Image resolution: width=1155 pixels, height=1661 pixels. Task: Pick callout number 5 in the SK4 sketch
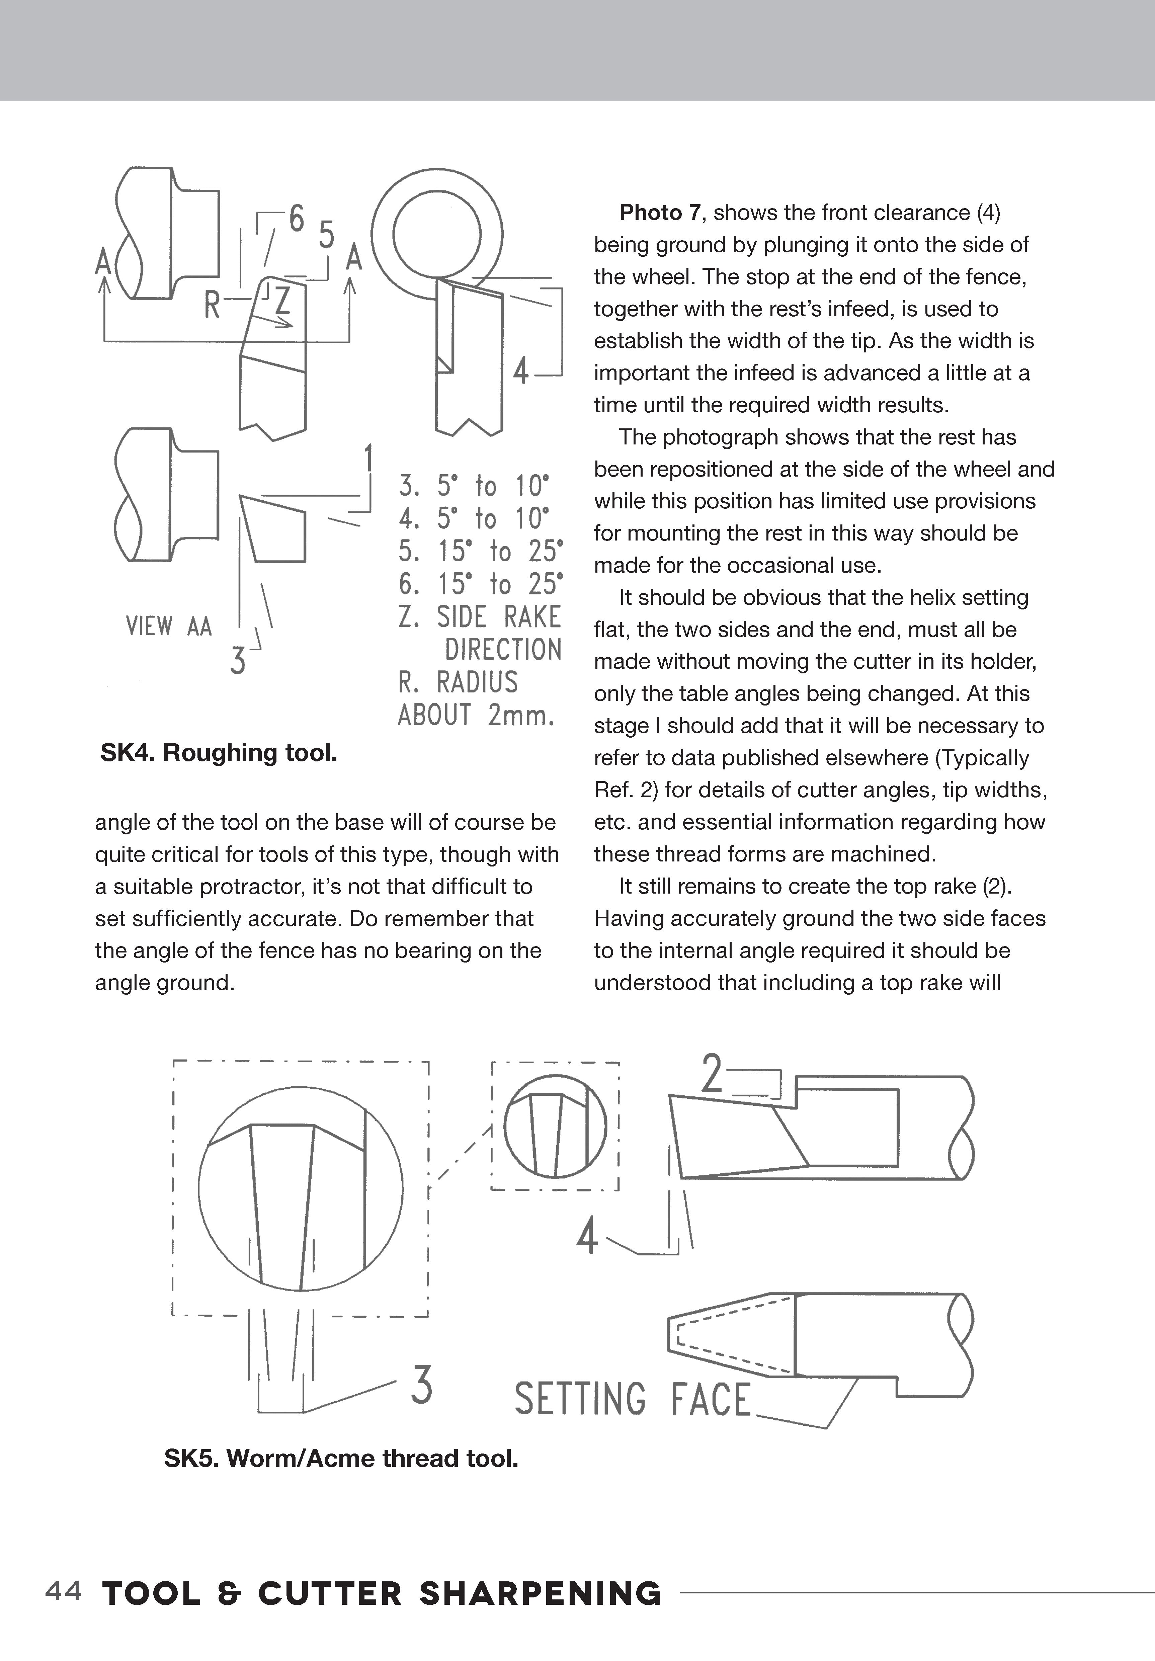[327, 236]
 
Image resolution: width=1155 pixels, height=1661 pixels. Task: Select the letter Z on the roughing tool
[282, 301]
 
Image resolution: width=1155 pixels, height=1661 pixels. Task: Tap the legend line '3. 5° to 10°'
[474, 485]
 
